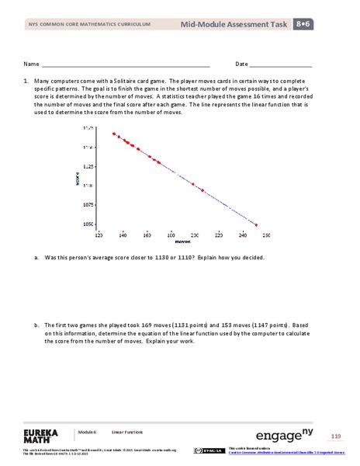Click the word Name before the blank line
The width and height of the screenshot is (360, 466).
(x=31, y=64)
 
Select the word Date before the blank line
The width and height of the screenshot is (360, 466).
(x=241, y=64)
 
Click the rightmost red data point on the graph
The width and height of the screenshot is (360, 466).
(x=257, y=224)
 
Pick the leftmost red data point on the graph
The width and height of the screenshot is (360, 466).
(x=113, y=134)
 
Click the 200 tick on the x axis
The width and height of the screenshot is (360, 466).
(x=194, y=232)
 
